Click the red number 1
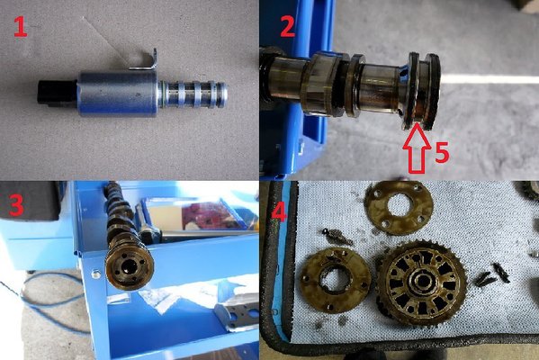tap(21, 27)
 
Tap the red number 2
tap(287, 27)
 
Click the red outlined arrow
tap(417, 148)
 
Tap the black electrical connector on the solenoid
tap(57, 93)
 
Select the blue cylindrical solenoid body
tap(118, 94)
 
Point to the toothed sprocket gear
tap(423, 283)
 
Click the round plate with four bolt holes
tap(399, 208)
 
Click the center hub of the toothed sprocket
tap(423, 282)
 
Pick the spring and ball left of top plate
tap(337, 237)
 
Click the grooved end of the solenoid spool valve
tap(193, 94)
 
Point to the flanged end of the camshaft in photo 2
tap(421, 91)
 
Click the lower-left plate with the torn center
tap(335, 279)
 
